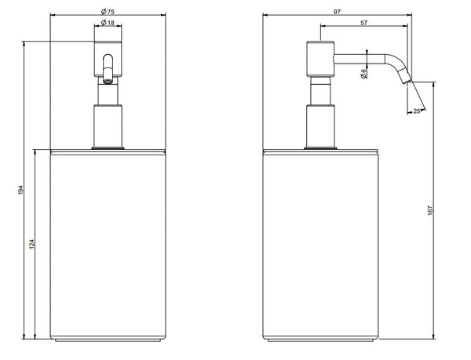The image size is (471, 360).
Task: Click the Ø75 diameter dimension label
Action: (x=108, y=12)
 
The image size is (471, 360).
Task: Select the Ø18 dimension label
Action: (x=108, y=23)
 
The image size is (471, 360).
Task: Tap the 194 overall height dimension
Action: (x=20, y=190)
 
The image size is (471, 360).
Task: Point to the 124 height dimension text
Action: (x=32, y=244)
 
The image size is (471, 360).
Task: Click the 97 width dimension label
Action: (x=337, y=12)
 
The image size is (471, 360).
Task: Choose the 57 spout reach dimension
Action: (x=363, y=23)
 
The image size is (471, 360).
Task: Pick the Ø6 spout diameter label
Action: (x=363, y=74)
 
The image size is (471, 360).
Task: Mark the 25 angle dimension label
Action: (x=416, y=111)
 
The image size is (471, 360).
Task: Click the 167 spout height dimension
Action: (x=430, y=210)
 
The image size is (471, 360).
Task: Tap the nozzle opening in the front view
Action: (x=108, y=80)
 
